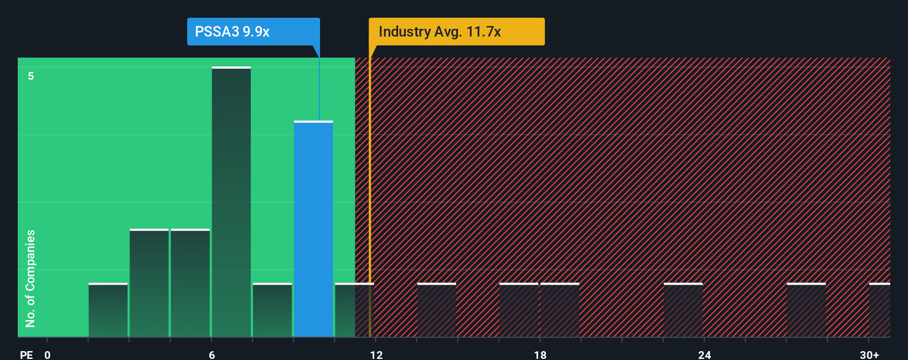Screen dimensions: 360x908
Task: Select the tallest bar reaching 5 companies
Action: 231,202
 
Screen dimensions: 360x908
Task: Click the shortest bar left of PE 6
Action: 108,310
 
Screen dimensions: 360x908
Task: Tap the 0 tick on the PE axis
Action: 48,354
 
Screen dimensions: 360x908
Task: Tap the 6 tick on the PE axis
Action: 211,354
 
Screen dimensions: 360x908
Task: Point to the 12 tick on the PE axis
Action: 376,354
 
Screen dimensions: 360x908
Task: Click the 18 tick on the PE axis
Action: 540,354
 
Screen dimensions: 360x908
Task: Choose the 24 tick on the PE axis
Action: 704,354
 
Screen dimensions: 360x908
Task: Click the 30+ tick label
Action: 869,354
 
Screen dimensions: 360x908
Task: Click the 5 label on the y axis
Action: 31,76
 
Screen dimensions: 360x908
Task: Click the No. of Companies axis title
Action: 30,278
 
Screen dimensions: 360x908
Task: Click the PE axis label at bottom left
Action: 26,354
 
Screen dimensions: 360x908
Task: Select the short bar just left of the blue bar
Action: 272,310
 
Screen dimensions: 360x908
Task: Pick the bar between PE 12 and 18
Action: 437,310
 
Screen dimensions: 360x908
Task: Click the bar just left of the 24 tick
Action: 683,310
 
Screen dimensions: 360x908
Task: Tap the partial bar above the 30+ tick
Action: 879,310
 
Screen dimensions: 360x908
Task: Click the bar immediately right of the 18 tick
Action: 560,310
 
